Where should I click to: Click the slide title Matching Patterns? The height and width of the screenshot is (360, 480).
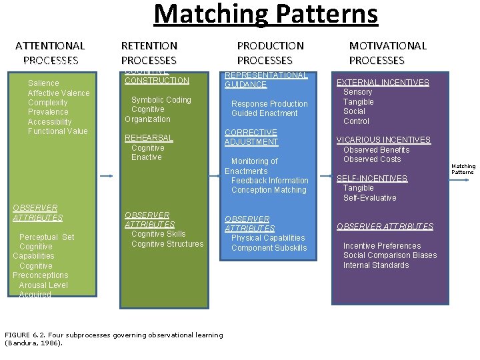pyautogui.click(x=265, y=14)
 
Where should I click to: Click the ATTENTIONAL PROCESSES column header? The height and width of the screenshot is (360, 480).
pyautogui.click(x=50, y=53)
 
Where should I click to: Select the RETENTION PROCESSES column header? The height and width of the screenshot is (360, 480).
pyautogui.click(x=149, y=53)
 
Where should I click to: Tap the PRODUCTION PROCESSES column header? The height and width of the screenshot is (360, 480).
pyautogui.click(x=270, y=53)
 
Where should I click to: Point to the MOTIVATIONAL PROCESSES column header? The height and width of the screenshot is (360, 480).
pyautogui.click(x=387, y=53)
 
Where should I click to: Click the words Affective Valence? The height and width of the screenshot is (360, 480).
pyautogui.click(x=59, y=93)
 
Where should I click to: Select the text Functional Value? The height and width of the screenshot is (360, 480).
pyautogui.click(x=58, y=131)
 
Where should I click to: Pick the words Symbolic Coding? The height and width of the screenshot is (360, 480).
pyautogui.click(x=161, y=100)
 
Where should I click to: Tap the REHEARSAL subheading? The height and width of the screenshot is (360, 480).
pyautogui.click(x=149, y=138)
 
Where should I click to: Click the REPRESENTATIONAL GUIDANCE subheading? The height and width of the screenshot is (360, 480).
pyautogui.click(x=266, y=80)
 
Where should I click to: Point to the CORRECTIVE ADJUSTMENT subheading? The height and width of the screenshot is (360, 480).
pyautogui.click(x=251, y=137)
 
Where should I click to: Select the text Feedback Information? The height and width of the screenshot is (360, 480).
pyautogui.click(x=270, y=181)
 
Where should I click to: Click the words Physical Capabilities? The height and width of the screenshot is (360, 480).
pyautogui.click(x=268, y=238)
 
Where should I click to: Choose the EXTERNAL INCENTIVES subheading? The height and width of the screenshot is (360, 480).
pyautogui.click(x=383, y=83)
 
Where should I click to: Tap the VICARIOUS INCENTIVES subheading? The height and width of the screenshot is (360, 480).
pyautogui.click(x=383, y=140)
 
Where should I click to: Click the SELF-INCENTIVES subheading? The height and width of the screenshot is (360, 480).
pyautogui.click(x=372, y=179)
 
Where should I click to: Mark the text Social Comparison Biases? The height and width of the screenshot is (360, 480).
pyautogui.click(x=390, y=255)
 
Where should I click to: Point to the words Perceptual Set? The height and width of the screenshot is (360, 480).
pyautogui.click(x=47, y=237)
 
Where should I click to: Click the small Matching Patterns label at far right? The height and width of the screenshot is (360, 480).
pyautogui.click(x=463, y=169)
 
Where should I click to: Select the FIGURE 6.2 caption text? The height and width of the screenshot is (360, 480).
pyautogui.click(x=113, y=339)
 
